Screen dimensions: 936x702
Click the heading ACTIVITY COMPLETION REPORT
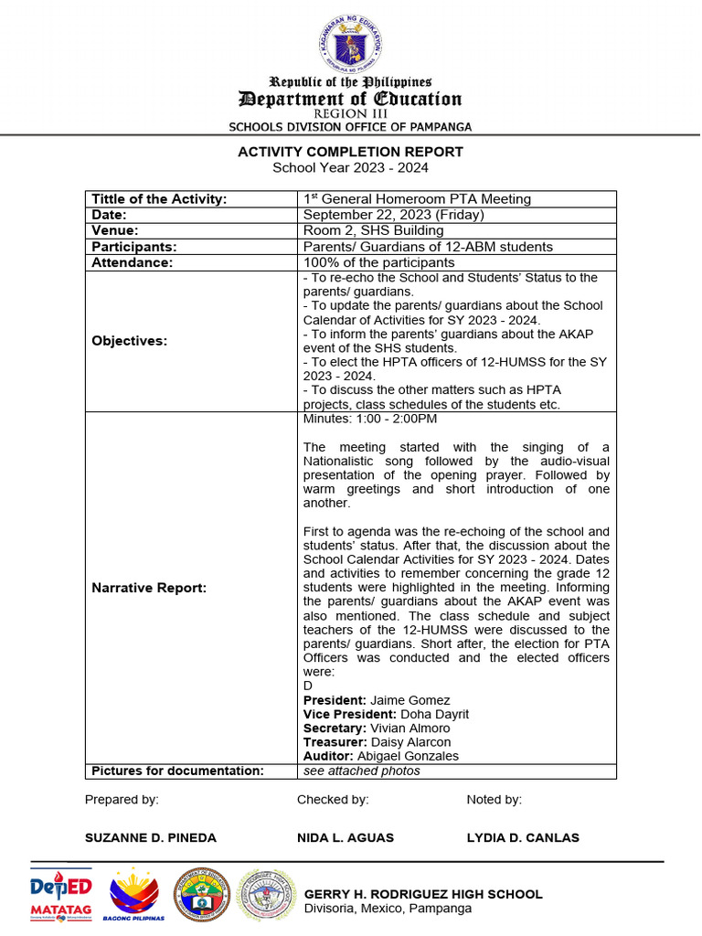350,152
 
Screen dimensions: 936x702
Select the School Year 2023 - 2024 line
350,167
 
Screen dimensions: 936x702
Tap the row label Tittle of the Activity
159,199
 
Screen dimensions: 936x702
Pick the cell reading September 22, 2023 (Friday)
393,215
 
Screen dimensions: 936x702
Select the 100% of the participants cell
378,262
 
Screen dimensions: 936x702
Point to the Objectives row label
130,341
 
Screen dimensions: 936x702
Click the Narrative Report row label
149,588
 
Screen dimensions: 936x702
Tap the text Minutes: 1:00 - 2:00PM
369,419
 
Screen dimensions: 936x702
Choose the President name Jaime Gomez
397,700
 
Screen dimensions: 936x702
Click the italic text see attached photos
361,771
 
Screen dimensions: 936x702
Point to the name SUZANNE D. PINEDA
151,837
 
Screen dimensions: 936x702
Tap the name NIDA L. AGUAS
346,837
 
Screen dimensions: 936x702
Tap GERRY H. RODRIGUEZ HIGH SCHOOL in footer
422,894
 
